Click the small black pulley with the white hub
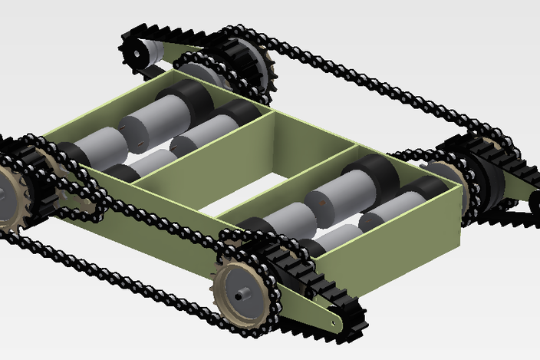137,51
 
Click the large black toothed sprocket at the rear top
245,61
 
